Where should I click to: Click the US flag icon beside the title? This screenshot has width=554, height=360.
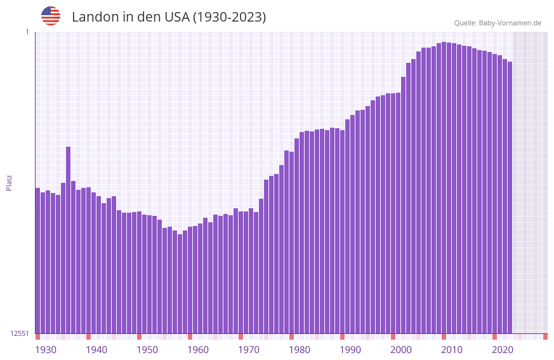click(51, 16)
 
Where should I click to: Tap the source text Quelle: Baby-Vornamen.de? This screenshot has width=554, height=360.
click(498, 23)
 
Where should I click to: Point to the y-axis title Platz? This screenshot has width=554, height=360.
click(9, 182)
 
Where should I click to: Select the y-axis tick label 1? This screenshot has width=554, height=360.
click(27, 32)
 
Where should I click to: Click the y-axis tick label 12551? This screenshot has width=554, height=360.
click(20, 333)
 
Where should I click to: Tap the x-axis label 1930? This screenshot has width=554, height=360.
click(46, 350)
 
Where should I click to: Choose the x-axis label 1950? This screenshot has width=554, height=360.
click(147, 350)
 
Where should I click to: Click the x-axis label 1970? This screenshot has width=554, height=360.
click(249, 350)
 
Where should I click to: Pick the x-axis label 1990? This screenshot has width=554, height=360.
click(350, 350)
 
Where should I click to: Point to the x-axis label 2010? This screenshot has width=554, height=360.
click(452, 350)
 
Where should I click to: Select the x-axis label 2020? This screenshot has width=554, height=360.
click(503, 350)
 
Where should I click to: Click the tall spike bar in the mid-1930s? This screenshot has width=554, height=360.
click(68, 241)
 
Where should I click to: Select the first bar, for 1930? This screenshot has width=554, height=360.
click(37, 260)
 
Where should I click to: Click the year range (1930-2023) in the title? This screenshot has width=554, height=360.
click(229, 17)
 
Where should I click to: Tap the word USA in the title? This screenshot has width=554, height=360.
click(175, 17)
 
